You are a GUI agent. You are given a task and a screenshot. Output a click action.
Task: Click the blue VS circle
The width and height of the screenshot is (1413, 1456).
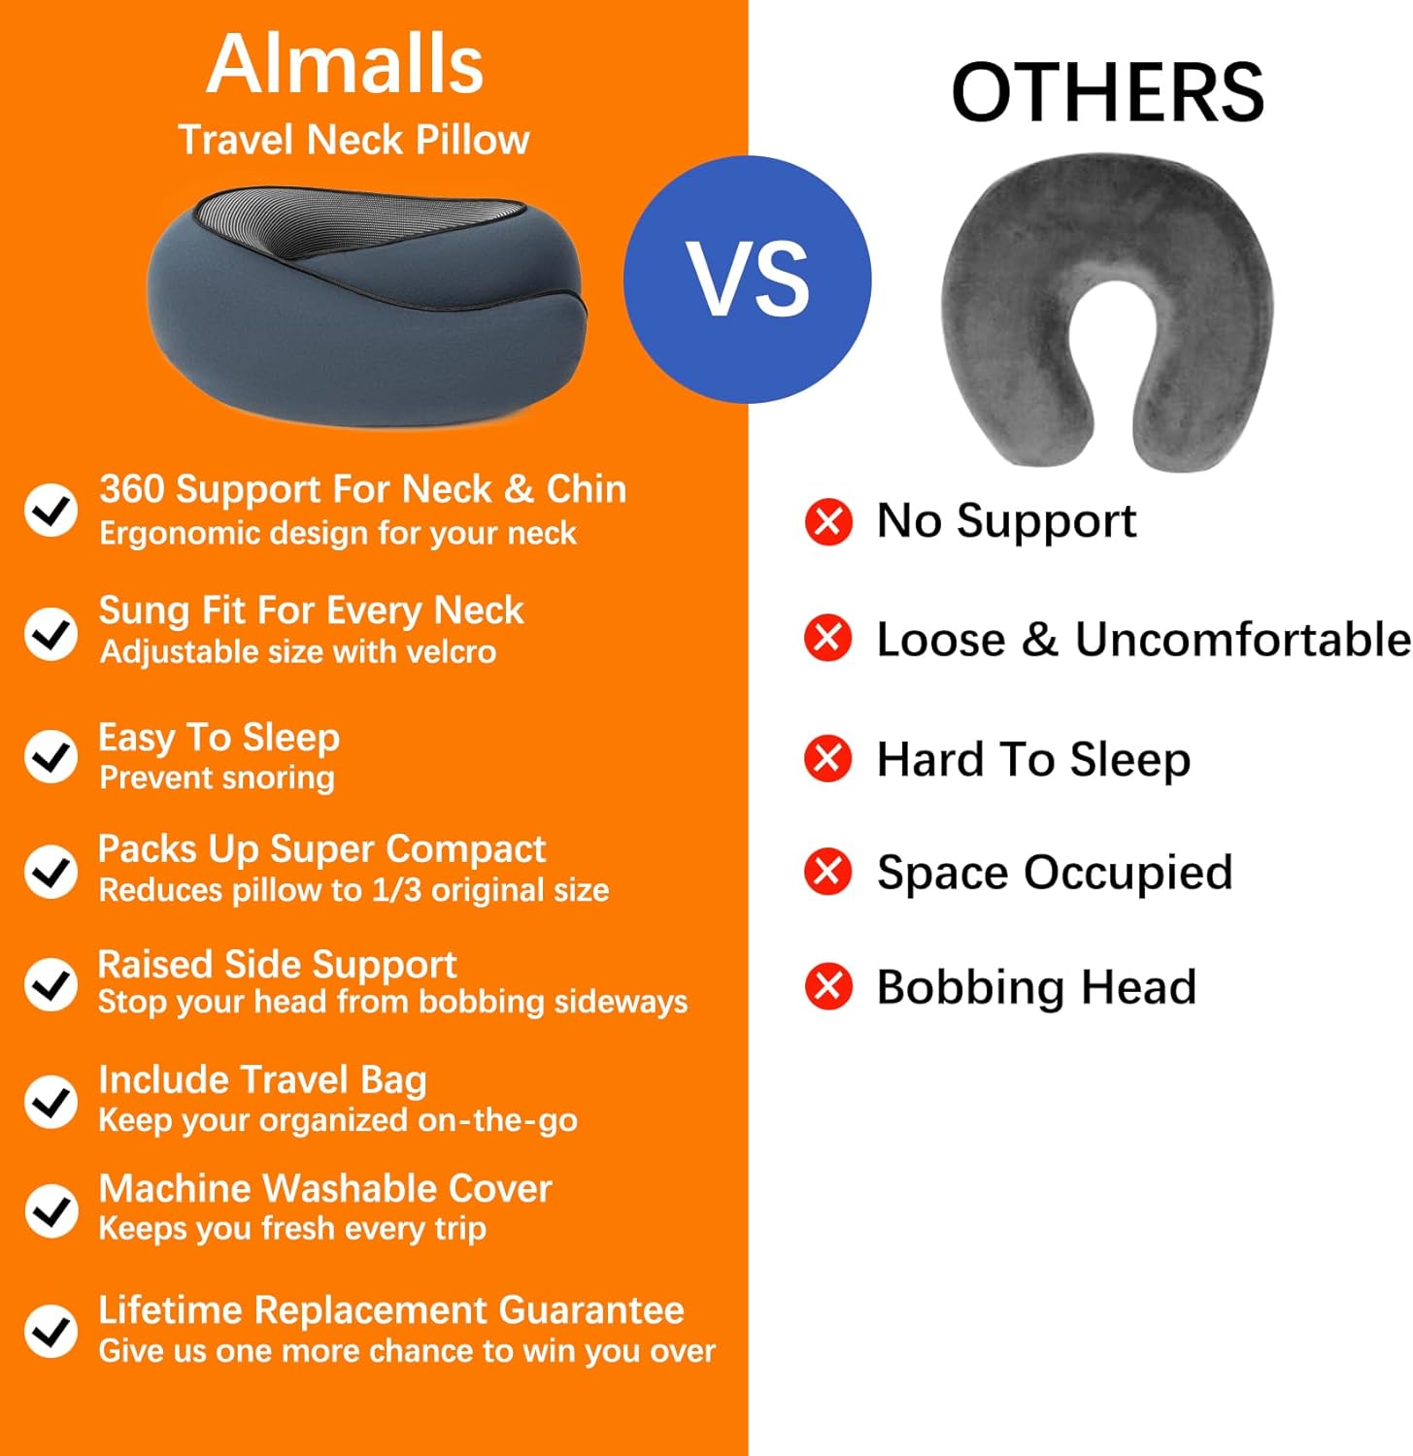747,280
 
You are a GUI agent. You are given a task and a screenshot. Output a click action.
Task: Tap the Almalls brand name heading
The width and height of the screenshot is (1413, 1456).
345,64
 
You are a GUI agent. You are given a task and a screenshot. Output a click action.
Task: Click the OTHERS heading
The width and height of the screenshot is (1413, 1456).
1107,93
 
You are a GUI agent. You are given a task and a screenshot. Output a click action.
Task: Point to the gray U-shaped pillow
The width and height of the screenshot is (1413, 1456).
1107,311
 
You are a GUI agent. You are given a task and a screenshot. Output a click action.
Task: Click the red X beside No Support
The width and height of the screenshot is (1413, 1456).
828,521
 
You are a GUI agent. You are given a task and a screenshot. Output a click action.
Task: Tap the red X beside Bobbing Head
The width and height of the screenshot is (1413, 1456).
828,987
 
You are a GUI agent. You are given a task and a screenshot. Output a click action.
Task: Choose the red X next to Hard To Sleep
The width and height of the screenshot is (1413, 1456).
828,758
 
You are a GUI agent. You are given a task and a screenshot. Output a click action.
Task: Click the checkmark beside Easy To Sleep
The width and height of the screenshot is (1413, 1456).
50,756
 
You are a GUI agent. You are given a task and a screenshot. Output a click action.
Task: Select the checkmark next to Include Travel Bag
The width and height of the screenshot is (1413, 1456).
50,1102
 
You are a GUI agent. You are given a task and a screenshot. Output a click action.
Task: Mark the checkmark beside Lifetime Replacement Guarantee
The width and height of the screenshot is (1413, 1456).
50,1330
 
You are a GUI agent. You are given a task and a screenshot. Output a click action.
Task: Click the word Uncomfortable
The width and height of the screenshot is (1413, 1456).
1242,640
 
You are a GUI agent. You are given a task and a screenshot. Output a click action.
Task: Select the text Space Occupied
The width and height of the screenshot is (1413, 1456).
1055,873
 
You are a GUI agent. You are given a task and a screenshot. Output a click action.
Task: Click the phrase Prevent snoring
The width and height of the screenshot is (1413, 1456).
217,778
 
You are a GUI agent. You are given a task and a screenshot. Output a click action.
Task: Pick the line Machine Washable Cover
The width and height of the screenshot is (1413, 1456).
325,1188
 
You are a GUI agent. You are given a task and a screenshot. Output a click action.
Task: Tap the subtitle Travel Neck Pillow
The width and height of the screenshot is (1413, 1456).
353,140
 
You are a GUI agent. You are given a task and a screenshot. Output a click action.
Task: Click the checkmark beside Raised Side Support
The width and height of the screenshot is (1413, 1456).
50,984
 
